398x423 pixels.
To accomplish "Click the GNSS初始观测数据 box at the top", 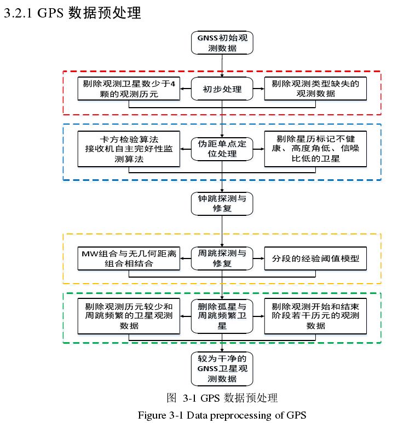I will point(222,43).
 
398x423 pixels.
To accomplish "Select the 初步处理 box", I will point(222,89).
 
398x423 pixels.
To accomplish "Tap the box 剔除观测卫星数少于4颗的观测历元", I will point(129,89).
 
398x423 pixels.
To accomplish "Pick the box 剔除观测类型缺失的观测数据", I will point(315,89).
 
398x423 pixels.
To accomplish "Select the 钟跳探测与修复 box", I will point(222,203).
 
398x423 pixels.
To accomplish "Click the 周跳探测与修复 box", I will point(222,258).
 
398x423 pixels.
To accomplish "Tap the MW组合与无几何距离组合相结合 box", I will point(129,258).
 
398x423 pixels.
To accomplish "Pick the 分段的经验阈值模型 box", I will point(315,258).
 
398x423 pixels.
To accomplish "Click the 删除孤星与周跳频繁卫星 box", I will point(222,316).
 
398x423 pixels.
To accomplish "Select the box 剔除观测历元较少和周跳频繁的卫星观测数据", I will point(129,316).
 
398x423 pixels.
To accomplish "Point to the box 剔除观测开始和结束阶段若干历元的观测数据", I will point(315,316).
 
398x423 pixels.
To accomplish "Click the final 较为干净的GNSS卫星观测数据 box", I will point(222,369).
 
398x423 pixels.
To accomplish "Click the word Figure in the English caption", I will point(152,414).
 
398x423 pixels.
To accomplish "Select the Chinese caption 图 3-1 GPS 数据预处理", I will point(222,398).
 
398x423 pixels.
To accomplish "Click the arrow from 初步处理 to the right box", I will point(258,89).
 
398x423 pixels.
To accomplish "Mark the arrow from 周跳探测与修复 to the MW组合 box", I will point(186,258).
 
